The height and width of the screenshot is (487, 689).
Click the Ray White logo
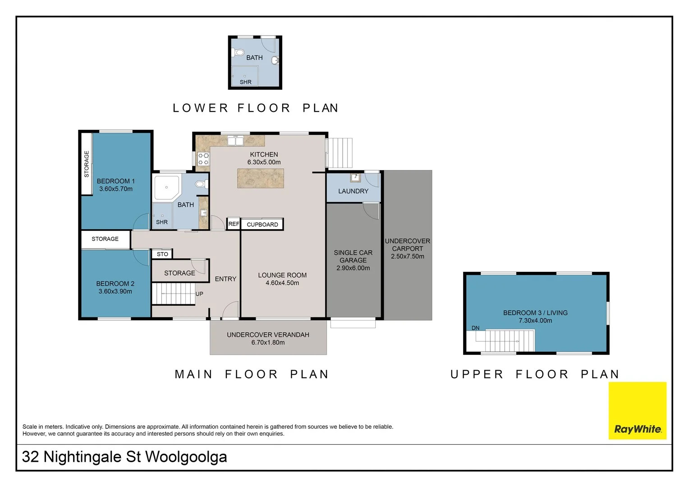point(637,410)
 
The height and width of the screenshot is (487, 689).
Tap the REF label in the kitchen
point(234,224)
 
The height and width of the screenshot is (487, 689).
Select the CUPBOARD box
point(262,224)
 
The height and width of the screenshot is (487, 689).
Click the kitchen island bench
point(260,178)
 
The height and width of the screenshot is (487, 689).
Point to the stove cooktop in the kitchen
point(203,159)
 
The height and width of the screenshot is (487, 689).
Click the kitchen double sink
point(235,141)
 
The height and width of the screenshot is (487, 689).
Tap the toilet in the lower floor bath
point(238,53)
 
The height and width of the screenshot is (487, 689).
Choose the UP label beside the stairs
point(199,294)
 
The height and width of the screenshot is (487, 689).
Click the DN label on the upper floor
point(476,328)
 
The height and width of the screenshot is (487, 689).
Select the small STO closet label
point(162,254)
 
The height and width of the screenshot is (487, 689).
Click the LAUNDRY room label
point(353,191)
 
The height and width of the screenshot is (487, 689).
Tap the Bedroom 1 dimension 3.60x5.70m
point(115,189)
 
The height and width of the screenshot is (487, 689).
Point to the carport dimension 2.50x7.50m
point(408,256)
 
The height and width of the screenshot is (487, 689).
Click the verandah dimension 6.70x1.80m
point(268,342)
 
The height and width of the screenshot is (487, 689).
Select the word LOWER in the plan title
point(200,108)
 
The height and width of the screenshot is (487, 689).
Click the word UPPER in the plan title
point(477,374)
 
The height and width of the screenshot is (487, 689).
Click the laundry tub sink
point(355,178)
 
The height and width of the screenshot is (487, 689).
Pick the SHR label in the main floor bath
point(162,222)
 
